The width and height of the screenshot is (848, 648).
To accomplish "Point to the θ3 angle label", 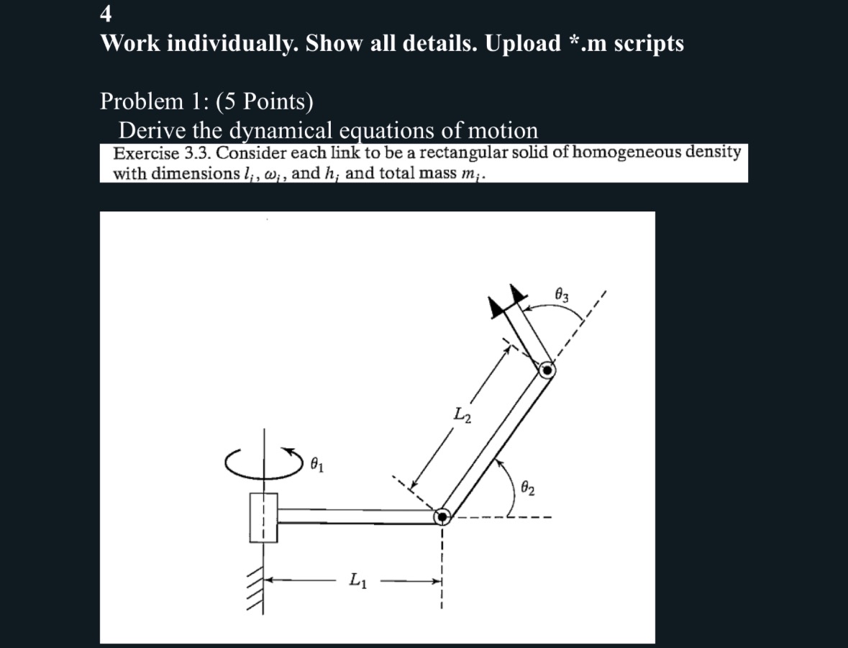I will (x=563, y=294).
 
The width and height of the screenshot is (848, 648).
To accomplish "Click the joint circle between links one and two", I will (x=442, y=516).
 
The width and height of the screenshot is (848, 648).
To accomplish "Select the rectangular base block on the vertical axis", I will (x=263, y=516).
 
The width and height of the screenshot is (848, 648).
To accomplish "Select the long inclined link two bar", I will (x=495, y=443).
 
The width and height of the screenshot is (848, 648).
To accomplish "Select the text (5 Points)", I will (x=270, y=101).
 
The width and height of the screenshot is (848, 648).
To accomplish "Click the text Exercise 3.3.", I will (x=163, y=153).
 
